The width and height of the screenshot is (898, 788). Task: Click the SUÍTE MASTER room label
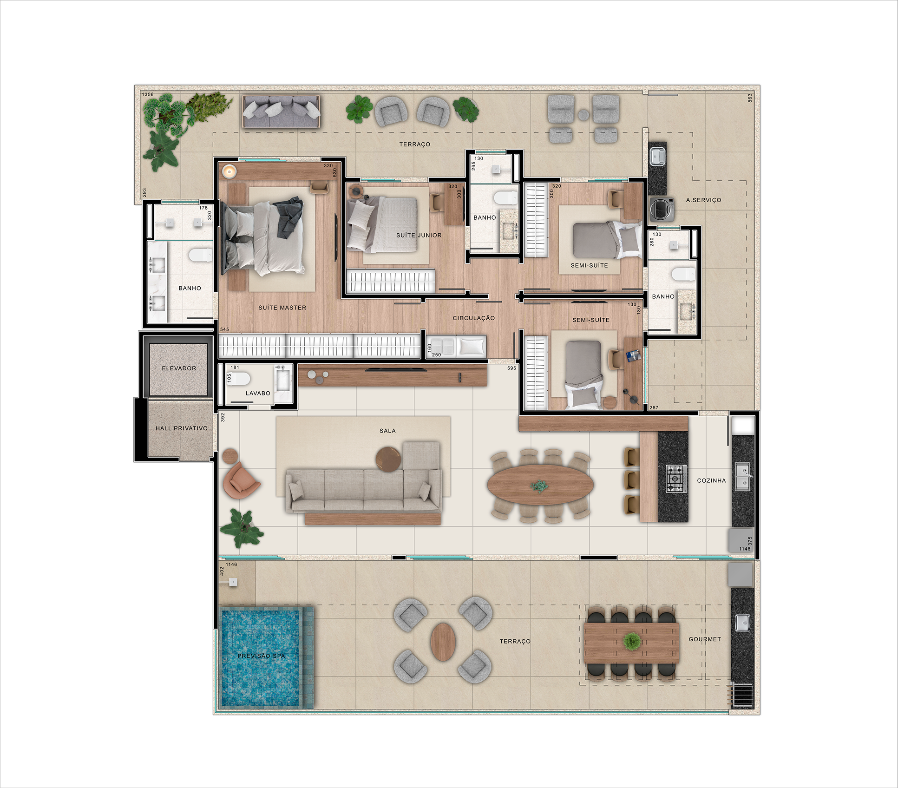tap(282, 308)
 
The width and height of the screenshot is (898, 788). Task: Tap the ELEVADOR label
tap(179, 368)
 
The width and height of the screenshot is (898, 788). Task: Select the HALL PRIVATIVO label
tap(181, 428)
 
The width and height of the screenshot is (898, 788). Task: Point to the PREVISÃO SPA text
tap(261, 656)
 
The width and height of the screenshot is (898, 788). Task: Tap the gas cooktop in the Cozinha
tap(676, 479)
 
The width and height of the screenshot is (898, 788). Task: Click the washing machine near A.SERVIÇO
tap(662, 209)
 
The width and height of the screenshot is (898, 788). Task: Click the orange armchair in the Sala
tap(240, 479)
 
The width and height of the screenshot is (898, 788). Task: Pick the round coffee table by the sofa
tap(388, 459)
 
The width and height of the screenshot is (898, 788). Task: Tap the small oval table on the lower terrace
tap(443, 642)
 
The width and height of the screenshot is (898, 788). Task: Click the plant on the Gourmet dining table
tap(631, 642)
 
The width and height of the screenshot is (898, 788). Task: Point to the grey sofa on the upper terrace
tap(281, 112)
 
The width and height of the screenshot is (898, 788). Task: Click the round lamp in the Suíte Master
tap(229, 171)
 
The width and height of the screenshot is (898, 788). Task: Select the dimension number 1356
tap(148, 95)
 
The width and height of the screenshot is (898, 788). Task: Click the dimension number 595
tap(511, 368)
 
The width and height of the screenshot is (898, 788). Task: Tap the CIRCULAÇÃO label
tap(474, 318)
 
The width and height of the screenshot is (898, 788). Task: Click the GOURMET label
tap(705, 639)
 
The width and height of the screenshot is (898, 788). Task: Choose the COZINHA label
tap(711, 480)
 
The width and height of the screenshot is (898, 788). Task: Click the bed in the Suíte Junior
tap(382, 224)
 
